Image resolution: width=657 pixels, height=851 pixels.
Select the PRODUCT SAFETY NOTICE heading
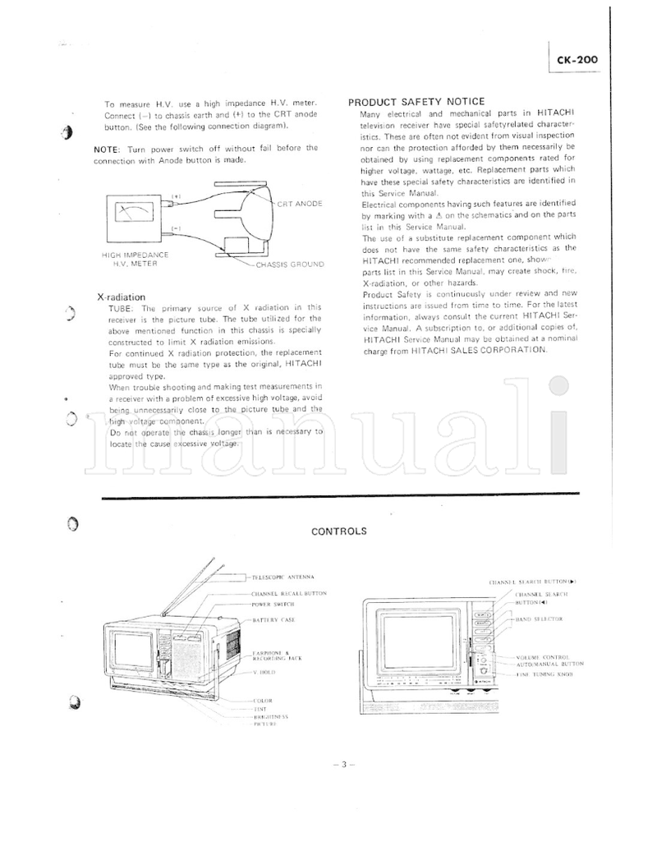[416, 102]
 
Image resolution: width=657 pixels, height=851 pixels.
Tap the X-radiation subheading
[121, 297]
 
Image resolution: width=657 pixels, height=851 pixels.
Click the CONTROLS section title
[338, 531]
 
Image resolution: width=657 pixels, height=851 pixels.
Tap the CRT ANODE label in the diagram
[299, 203]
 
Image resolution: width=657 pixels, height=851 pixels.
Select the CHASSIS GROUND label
[290, 264]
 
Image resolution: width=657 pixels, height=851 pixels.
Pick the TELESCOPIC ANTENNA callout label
[282, 577]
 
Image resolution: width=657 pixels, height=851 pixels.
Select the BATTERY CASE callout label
[274, 619]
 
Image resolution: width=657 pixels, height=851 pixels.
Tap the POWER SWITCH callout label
[273, 604]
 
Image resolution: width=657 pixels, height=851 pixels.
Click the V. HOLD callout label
[264, 672]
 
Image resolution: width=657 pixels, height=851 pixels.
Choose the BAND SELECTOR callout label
[539, 619]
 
